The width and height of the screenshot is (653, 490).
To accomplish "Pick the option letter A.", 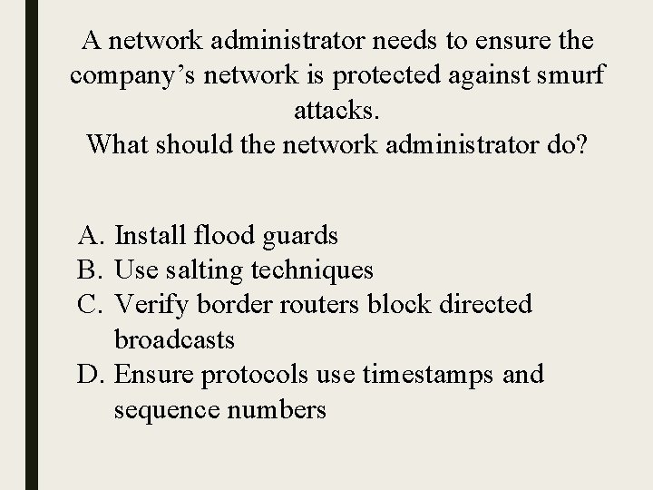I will [x=88, y=236].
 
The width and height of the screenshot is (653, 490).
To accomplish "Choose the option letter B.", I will [x=88, y=269].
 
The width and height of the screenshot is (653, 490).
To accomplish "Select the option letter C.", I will [x=88, y=304].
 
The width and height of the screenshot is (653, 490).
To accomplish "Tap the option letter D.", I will [x=88, y=373].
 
